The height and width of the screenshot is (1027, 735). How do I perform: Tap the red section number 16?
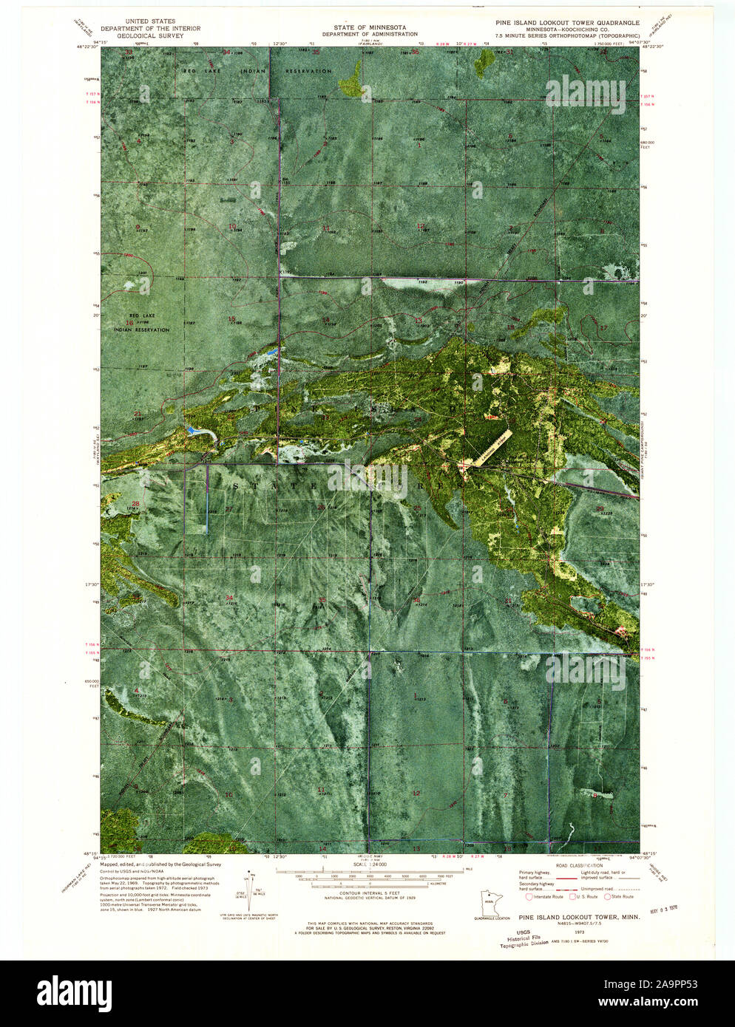pos(129,322)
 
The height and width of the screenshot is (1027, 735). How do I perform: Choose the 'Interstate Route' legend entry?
pos(543,896)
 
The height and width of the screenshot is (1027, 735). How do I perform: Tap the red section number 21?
pos(137,414)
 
